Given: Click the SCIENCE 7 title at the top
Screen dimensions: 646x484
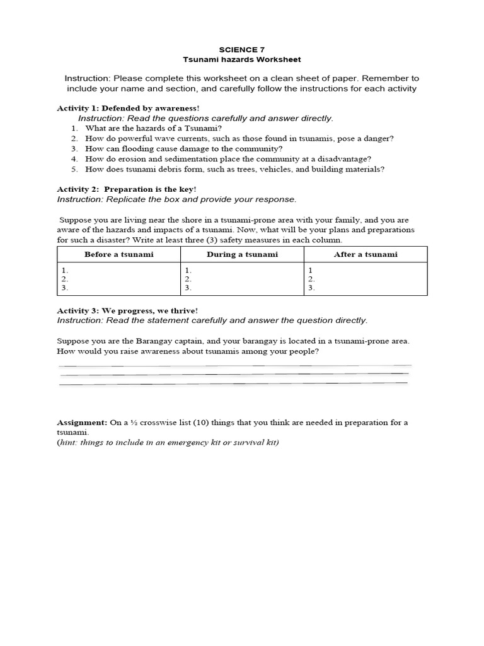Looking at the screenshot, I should pos(242,49).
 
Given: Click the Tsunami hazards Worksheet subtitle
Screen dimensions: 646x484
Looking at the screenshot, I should pos(242,59).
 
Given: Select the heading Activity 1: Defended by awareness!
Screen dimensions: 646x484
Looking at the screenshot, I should pos(124,109).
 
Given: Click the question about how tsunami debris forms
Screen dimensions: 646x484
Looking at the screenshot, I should pos(234,168).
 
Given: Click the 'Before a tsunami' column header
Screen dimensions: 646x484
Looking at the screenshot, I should pos(119,254).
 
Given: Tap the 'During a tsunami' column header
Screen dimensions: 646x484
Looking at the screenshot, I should pos(242,254).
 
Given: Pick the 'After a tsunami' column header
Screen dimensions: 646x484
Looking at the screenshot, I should pos(366,254).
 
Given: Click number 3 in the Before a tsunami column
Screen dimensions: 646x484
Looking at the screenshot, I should pos(64,288).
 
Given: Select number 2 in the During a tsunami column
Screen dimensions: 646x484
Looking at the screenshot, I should pos(188,278).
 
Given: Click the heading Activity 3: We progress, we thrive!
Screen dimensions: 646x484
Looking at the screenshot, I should pos(127,310).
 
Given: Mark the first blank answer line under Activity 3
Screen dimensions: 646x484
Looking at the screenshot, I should pos(234,365).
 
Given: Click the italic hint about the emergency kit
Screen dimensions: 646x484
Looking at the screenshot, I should pos(168,442).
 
